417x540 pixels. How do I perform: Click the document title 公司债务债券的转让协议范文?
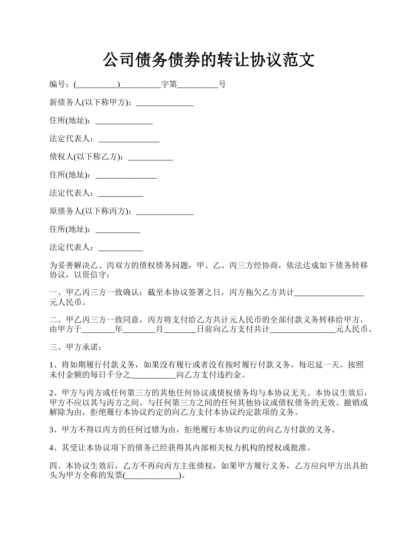coord(208,60)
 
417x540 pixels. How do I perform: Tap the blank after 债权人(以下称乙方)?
coord(150,157)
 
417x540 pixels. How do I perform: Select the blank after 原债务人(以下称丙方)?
coord(165,211)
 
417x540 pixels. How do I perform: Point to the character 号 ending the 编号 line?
coord(222,84)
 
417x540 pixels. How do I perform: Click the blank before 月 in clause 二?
coord(140,329)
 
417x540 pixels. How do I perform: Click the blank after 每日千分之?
coord(154,375)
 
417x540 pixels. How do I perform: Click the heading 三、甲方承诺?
coord(75,347)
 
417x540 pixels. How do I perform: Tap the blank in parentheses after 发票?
coord(152,476)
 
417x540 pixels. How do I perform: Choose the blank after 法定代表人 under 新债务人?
coord(129,139)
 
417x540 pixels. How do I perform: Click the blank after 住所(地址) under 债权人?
coord(126,175)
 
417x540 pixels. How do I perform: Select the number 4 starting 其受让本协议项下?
coord(52,448)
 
